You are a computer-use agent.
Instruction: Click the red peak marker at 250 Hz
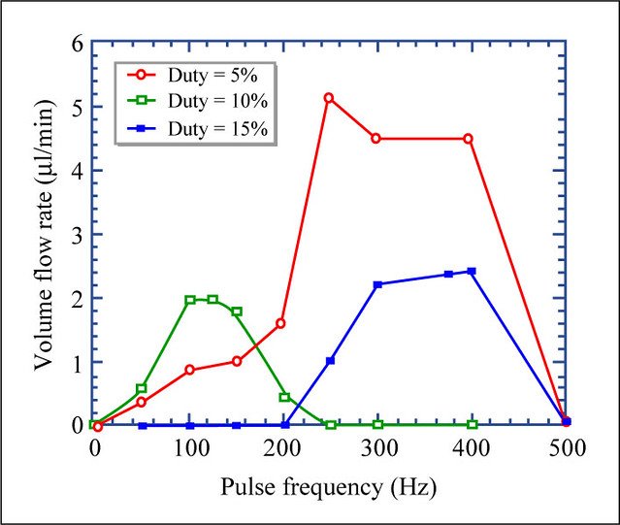(x=329, y=98)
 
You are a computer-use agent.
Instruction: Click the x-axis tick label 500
(x=567, y=448)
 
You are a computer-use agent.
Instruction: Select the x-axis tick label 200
(x=284, y=448)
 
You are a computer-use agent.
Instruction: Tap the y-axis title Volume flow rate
(x=44, y=233)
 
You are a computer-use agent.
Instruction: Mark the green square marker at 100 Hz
(x=190, y=301)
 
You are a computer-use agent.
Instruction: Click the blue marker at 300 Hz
(x=377, y=284)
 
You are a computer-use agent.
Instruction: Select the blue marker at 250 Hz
(x=331, y=361)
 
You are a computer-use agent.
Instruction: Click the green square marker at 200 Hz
(x=284, y=397)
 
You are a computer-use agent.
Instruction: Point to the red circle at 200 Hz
(x=280, y=323)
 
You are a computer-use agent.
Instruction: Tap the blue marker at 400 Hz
(x=472, y=272)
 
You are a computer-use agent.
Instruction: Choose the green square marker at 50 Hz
(x=142, y=388)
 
